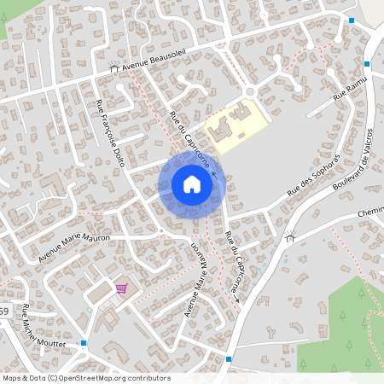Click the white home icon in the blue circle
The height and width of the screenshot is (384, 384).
pyautogui.click(x=192, y=183)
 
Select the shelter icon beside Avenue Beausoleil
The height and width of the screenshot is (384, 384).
pyautogui.click(x=113, y=68)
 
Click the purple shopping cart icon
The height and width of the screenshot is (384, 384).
pyautogui.click(x=121, y=288)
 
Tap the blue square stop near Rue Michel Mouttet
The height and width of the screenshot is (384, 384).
pyautogui.click(x=84, y=343)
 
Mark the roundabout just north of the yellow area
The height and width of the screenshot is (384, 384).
pyautogui.click(x=251, y=93)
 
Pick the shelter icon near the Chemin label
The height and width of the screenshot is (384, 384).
pyautogui.click(x=290, y=238)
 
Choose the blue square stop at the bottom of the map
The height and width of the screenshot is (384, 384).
pyautogui.click(x=230, y=359)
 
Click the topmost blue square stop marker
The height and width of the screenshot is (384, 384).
pyautogui.click(x=352, y=20)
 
